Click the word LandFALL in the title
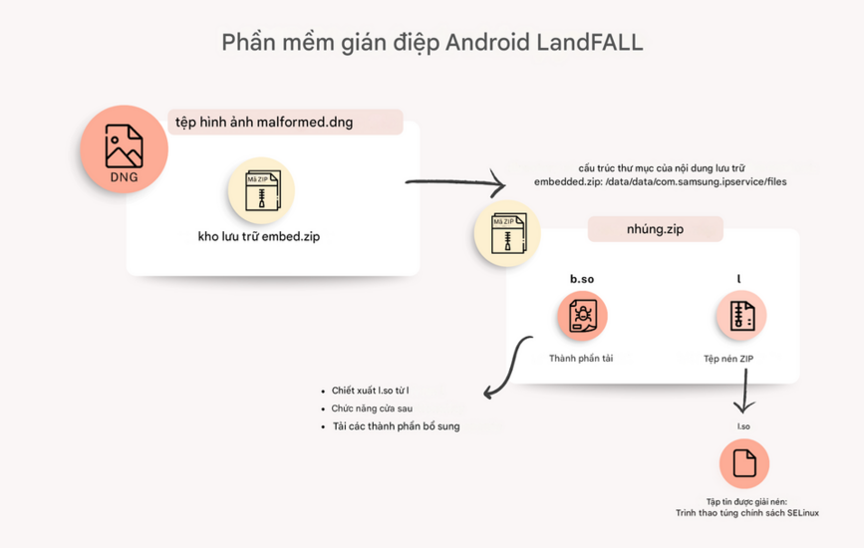coord(590,43)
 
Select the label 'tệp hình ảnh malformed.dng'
coord(265,123)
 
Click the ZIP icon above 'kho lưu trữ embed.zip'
coord(261,189)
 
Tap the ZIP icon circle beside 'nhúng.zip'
coord(506,234)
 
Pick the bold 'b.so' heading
coord(582,279)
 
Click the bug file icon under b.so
coord(582,318)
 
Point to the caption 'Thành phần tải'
coord(581,358)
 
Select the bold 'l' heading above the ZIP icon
coord(739,279)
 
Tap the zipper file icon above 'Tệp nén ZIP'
coord(741,317)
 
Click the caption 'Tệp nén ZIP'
coord(741,358)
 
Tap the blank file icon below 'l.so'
coord(743,463)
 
